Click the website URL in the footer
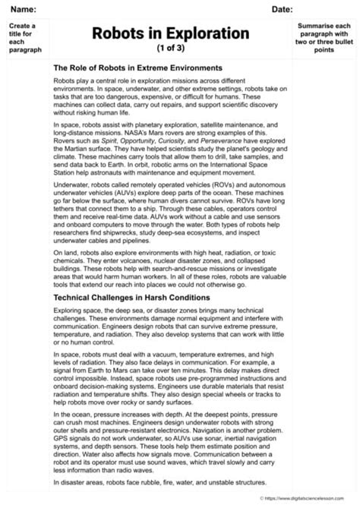311,499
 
